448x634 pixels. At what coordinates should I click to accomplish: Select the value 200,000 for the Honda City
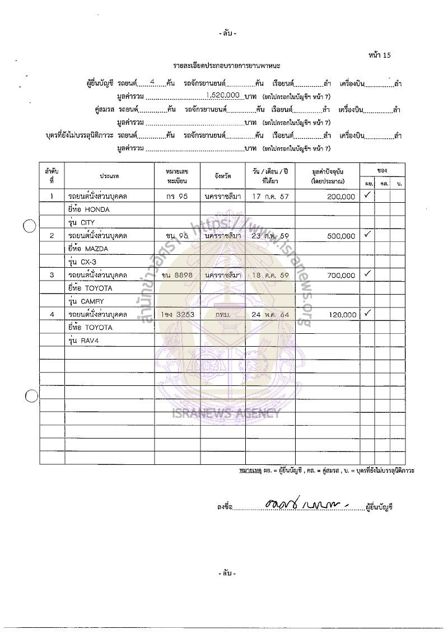tap(340, 197)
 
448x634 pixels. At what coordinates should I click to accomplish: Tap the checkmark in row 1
tap(368, 195)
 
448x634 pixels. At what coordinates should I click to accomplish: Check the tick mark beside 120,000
tap(368, 314)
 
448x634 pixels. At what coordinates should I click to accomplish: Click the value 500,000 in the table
tap(340, 236)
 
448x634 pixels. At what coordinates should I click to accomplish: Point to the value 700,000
tap(340, 276)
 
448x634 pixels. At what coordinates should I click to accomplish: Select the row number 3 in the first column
tap(52, 275)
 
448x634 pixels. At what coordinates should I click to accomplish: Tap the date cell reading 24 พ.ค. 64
tap(270, 315)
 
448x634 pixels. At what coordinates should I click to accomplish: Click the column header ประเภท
tap(109, 176)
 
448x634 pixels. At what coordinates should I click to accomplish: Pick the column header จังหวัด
tap(222, 176)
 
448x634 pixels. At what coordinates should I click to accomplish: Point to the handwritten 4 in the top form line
tap(152, 82)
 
